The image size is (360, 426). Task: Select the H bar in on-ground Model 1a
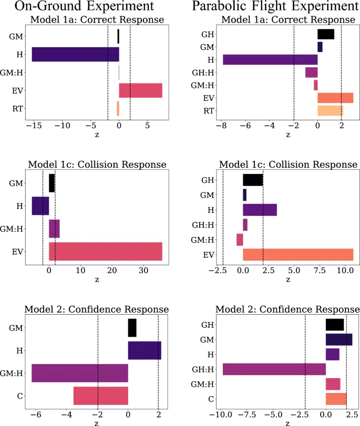point(75,55)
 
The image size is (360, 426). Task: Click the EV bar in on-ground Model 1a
point(140,90)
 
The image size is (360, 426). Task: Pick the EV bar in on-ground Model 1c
point(105,251)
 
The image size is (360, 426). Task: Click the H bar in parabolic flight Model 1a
point(270,59)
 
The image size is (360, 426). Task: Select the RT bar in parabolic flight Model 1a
point(330,110)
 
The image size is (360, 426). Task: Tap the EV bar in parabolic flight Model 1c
point(298,255)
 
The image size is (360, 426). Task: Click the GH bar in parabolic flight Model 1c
point(253,180)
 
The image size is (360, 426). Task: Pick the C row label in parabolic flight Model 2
point(211,399)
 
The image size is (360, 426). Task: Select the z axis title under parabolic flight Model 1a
point(287,135)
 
